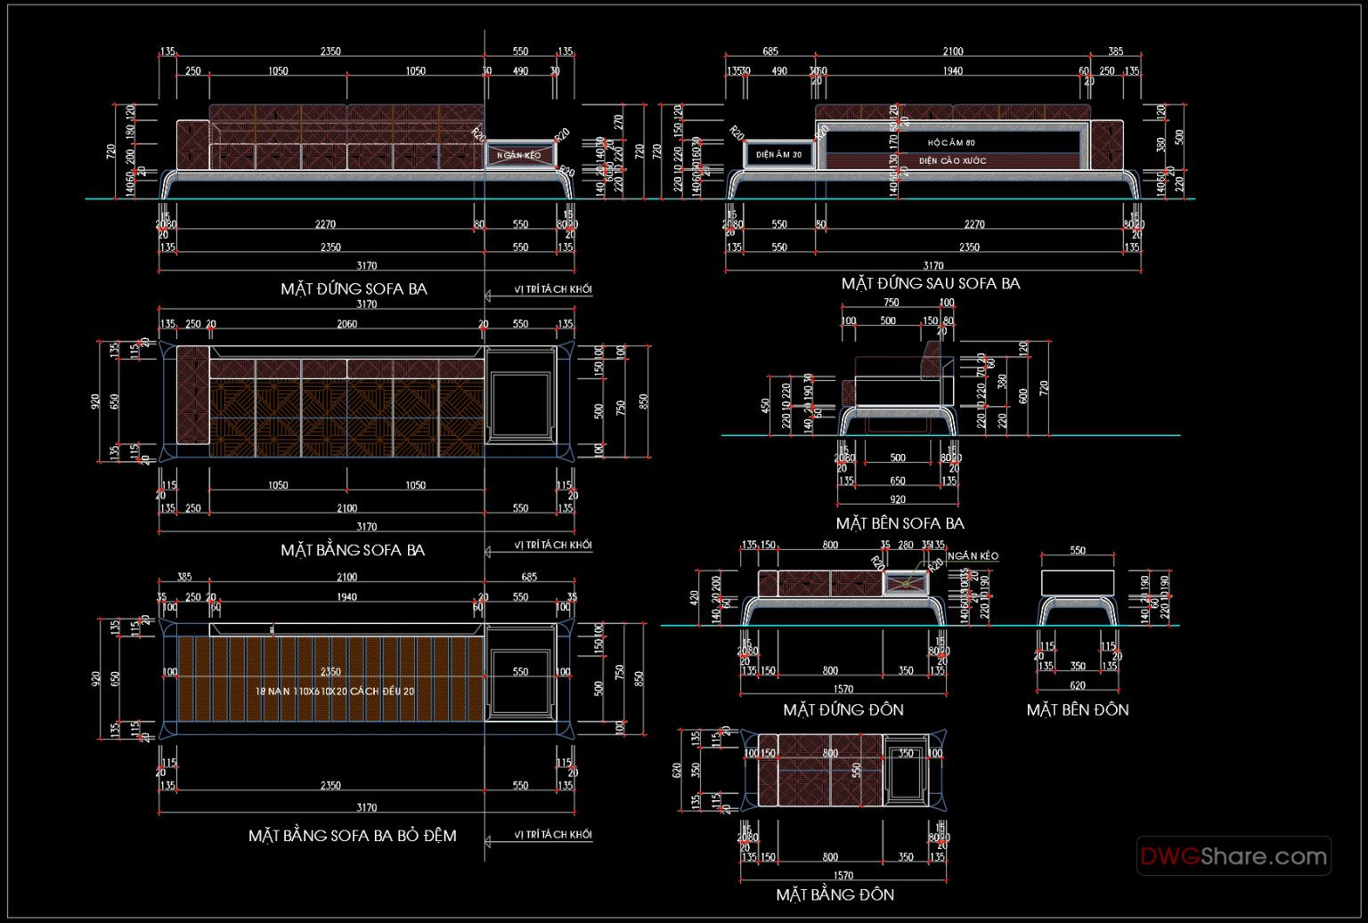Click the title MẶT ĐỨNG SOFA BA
354,289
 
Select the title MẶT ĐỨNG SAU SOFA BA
931,284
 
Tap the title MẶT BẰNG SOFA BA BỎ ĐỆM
352,836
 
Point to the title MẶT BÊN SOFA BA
900,523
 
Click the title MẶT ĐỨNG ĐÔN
843,710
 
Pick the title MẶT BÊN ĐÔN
1077,710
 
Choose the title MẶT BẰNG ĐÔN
835,895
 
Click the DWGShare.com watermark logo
1234,856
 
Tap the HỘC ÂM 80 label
951,142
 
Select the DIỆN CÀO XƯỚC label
952,161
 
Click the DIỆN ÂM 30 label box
778,155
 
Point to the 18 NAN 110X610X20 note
335,691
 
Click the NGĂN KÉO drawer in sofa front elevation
519,156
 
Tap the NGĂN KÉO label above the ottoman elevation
973,556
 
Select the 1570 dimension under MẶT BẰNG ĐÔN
843,876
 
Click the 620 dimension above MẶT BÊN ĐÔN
1077,685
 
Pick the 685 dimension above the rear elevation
770,52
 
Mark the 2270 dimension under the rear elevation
974,224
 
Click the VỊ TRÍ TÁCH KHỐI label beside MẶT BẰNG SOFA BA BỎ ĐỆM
552,835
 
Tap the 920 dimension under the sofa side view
897,500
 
